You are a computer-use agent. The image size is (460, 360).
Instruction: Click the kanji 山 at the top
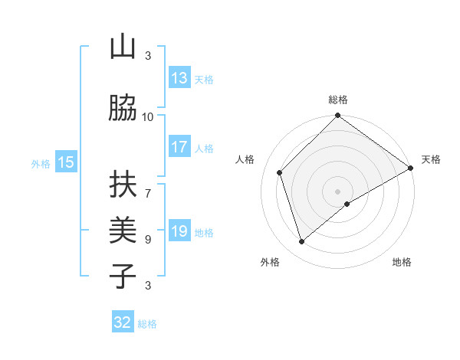pos(123,47)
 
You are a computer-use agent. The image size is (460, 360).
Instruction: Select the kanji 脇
pos(123,109)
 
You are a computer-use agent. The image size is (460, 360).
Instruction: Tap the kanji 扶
pos(123,184)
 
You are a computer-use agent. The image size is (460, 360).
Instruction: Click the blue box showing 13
pos(179,78)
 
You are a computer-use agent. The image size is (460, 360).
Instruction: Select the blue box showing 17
pos(179,147)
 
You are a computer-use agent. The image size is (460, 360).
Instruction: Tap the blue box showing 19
pos(179,231)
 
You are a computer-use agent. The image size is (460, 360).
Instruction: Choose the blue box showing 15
pos(66,162)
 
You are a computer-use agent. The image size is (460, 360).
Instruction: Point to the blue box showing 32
pos(123,322)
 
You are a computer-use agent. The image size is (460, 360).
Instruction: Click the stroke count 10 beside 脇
pos(148,116)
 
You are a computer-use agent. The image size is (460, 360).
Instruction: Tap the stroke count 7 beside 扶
pos(148,186)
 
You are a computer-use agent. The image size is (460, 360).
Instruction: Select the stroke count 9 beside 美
pos(148,239)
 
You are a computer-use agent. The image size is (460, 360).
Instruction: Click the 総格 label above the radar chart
pos(338,100)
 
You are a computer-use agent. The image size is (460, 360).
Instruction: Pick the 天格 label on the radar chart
pos(431,159)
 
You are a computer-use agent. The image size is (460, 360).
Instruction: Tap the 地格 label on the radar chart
pos(402,262)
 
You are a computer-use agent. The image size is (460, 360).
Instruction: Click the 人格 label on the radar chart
pos(245,159)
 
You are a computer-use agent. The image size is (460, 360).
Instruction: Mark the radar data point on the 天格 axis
pos(411,169)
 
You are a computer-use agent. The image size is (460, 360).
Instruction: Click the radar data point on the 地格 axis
pos(347,204)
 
